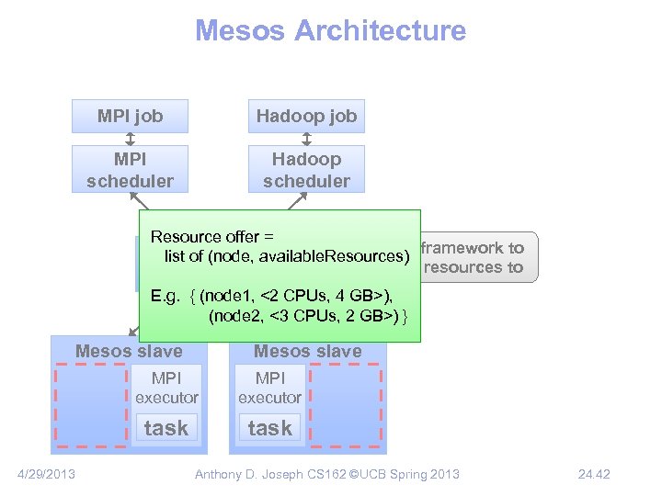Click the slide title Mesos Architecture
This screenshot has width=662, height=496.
point(330,30)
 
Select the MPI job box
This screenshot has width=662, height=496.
point(130,116)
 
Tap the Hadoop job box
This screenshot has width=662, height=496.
point(306,116)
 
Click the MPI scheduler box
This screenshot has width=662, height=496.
point(130,170)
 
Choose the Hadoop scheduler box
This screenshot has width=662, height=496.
point(306,170)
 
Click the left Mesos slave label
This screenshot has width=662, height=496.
point(129,351)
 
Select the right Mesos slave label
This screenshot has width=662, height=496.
point(307,351)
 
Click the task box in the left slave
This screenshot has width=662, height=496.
point(165,428)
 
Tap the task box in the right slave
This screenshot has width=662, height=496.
point(269,428)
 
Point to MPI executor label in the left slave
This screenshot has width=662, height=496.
point(166,388)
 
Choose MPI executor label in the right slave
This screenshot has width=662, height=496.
point(269,388)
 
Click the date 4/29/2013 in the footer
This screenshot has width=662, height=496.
point(47,474)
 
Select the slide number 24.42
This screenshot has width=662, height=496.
point(593,474)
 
